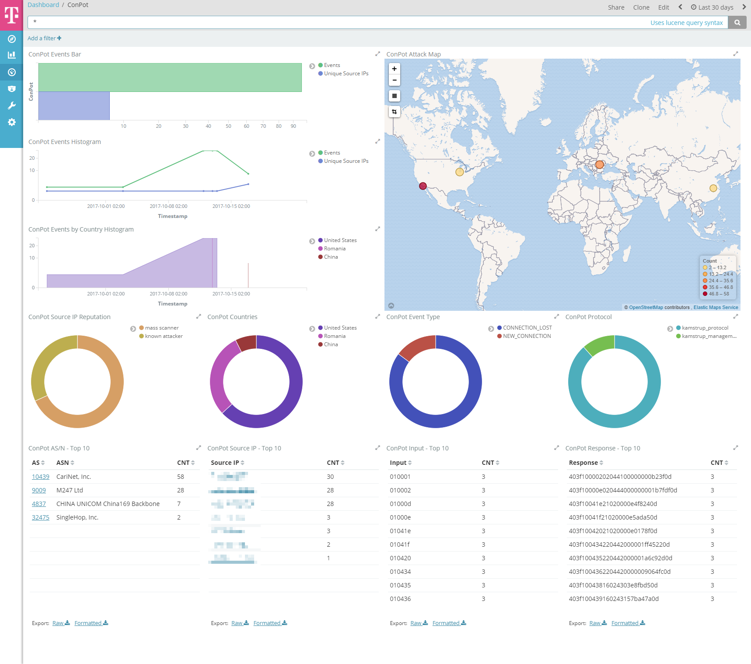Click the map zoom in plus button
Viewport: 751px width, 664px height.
pos(394,69)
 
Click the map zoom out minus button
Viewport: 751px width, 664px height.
pos(394,80)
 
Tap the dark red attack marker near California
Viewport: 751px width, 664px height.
pos(423,186)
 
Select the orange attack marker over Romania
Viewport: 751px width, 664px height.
pos(599,165)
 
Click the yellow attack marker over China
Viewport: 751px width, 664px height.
pos(713,188)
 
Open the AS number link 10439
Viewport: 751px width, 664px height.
pos(41,477)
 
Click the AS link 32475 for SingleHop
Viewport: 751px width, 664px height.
pos(41,517)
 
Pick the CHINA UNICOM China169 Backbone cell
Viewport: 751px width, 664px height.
pos(108,504)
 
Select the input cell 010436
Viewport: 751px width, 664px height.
pos(400,599)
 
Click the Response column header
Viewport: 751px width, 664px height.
pos(583,463)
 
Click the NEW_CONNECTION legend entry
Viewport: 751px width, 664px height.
pos(527,336)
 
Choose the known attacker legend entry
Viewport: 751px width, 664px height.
pos(164,336)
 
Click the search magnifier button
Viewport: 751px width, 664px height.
pos(737,23)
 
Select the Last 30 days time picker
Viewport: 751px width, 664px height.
pos(712,7)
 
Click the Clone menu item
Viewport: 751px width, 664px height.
pos(641,7)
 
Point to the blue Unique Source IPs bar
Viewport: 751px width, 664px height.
pos(74,106)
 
